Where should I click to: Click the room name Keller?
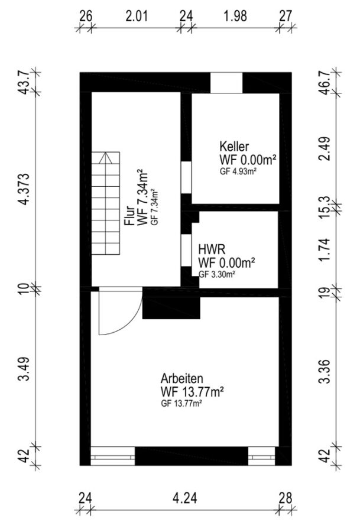coord(234,147)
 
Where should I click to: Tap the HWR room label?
coord(212,250)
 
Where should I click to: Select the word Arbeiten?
coord(182,378)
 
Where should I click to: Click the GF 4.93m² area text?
coord(238,171)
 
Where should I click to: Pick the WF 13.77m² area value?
coord(192,392)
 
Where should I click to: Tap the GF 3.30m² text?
coord(217,274)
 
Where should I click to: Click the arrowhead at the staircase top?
coord(106,157)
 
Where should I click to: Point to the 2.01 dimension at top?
coord(137,16)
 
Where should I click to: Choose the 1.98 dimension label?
coord(235,16)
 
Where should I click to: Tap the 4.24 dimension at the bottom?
coord(184,498)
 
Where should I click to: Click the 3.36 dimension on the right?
coord(325,371)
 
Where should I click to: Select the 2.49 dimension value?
coord(325,148)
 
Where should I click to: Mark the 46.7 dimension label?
coord(325,83)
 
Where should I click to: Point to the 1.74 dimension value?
coord(325,249)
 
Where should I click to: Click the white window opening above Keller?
coord(226,83)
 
